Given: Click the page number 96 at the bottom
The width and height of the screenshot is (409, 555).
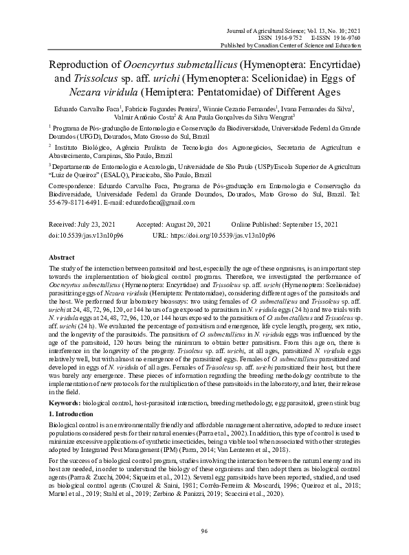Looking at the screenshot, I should [204, 531].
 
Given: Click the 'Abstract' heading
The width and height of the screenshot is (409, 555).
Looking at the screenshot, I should [62, 256].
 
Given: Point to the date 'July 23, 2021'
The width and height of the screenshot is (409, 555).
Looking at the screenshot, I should [96, 225].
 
